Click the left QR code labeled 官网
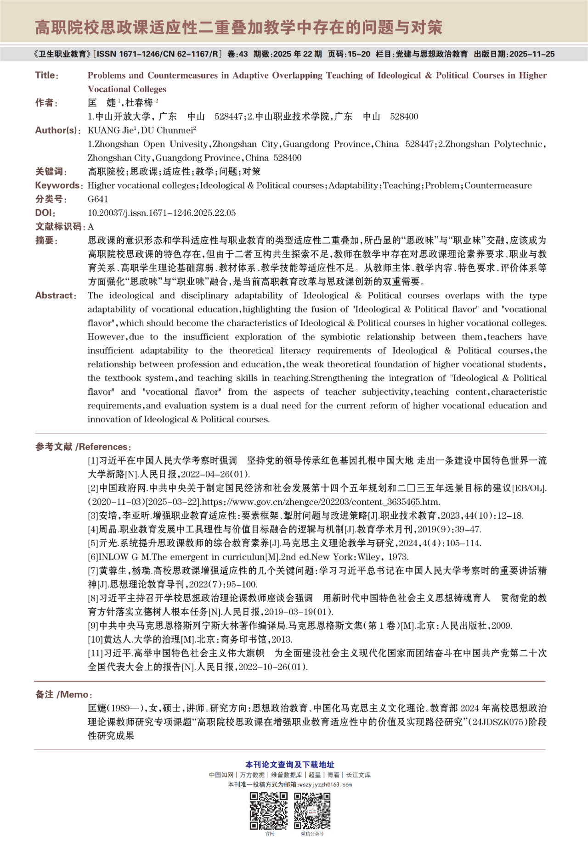click(x=269, y=811)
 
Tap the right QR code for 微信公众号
click(x=312, y=811)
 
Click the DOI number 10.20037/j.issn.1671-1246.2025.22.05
click(x=162, y=213)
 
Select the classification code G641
click(x=98, y=199)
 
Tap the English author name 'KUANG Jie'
click(x=111, y=130)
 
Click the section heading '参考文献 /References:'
click(x=83, y=447)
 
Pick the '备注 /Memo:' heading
click(x=64, y=694)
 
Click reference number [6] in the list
click(x=93, y=557)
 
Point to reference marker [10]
click(x=95, y=639)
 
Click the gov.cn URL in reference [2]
click(x=321, y=502)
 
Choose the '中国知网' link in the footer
click(x=221, y=775)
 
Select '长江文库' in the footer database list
click(x=358, y=775)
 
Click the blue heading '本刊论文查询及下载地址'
click(x=289, y=764)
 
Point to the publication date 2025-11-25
click(x=531, y=54)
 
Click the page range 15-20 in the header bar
click(x=359, y=54)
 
